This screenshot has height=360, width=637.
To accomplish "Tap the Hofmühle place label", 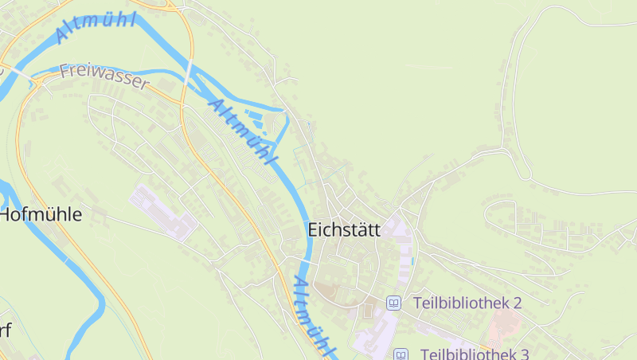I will pyautogui.click(x=41, y=214).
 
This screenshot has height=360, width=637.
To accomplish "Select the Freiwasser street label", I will pyautogui.click(x=104, y=77).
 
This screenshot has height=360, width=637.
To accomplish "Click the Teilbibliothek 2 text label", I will pyautogui.click(x=467, y=303).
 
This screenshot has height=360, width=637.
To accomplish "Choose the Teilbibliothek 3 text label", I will pyautogui.click(x=475, y=354).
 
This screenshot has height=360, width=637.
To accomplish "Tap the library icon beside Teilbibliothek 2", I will pyautogui.click(x=393, y=303).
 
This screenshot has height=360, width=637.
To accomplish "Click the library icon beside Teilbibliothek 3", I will pyautogui.click(x=401, y=354).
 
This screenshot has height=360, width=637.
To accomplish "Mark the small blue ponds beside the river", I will pyautogui.click(x=256, y=122).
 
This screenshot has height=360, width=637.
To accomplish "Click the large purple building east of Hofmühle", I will pyautogui.click(x=164, y=212).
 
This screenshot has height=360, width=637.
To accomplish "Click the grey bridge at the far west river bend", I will pyautogui.click(x=36, y=79).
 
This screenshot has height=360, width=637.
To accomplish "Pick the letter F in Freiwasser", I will pyautogui.click(x=64, y=72).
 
